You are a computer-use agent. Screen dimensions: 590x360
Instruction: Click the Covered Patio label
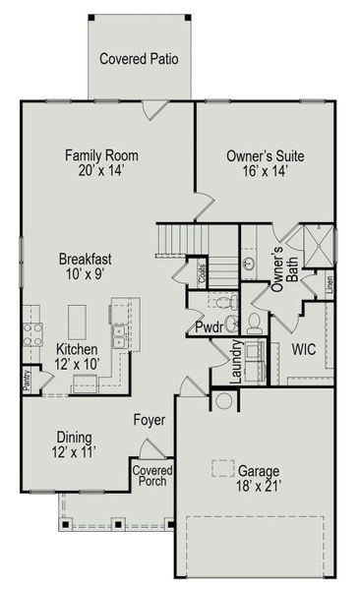(x=139, y=59)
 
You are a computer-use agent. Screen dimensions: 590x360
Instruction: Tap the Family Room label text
(x=101, y=155)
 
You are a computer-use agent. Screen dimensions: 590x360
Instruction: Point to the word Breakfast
(x=84, y=259)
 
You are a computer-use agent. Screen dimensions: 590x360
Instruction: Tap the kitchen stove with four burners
(x=31, y=334)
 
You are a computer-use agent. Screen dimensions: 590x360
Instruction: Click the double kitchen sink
(x=119, y=338)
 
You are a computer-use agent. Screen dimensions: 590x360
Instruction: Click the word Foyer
(x=150, y=421)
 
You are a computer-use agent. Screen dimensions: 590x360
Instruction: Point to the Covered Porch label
(x=152, y=476)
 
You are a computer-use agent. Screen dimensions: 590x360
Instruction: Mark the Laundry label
(x=237, y=363)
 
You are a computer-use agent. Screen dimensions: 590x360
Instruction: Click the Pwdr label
(x=209, y=326)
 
